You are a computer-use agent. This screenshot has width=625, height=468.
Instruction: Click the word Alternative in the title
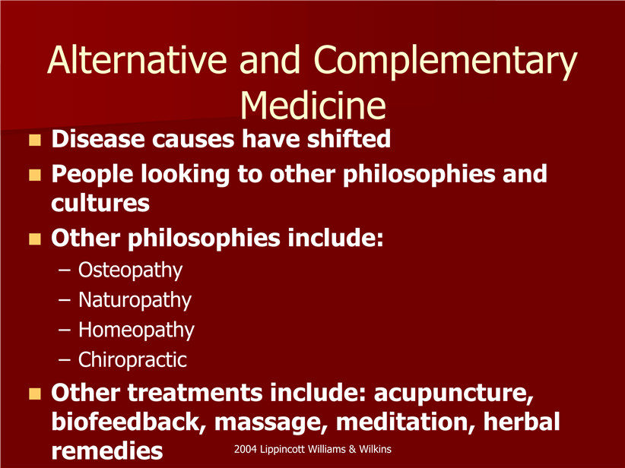138,60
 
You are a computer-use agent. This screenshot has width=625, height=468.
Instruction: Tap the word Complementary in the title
446,62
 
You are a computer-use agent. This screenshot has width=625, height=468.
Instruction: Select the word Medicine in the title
313,105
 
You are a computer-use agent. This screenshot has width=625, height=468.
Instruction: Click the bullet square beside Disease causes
35,140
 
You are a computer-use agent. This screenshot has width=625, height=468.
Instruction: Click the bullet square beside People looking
35,175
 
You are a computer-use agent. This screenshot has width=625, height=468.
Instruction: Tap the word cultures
100,204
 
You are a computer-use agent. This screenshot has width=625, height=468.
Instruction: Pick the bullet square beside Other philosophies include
35,239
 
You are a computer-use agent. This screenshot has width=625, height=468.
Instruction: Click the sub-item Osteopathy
130,270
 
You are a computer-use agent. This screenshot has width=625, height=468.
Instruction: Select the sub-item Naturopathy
135,300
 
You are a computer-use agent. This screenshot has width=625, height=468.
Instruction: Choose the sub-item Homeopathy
136,330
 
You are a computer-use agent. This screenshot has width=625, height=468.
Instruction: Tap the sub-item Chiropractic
132,359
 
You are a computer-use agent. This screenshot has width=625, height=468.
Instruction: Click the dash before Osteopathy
64,270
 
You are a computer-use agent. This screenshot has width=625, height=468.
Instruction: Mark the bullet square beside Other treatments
35,394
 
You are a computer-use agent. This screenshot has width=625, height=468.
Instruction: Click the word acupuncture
454,394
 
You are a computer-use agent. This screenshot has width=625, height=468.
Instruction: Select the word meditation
406,422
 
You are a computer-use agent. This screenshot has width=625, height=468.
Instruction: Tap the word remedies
106,451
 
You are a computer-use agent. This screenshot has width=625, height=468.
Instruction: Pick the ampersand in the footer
352,449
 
